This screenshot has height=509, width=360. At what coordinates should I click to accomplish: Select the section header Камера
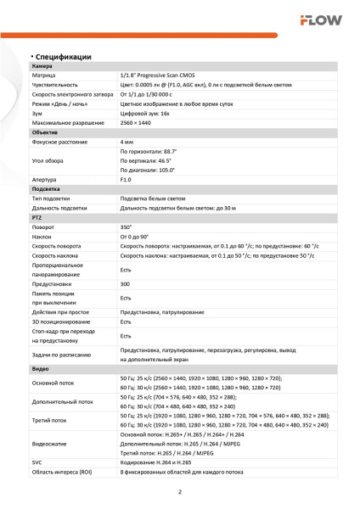point(42,66)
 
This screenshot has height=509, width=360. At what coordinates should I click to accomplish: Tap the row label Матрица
point(44,76)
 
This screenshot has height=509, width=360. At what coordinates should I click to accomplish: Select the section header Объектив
point(45,132)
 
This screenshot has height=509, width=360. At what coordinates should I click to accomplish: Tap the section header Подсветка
point(46,189)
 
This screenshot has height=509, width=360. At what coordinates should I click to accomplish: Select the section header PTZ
point(37,218)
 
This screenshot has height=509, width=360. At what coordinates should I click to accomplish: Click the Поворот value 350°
point(127,227)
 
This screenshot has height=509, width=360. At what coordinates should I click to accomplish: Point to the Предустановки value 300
point(126,284)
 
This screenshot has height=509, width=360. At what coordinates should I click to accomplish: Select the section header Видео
point(40,370)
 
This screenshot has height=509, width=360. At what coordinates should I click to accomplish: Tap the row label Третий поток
point(48,419)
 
